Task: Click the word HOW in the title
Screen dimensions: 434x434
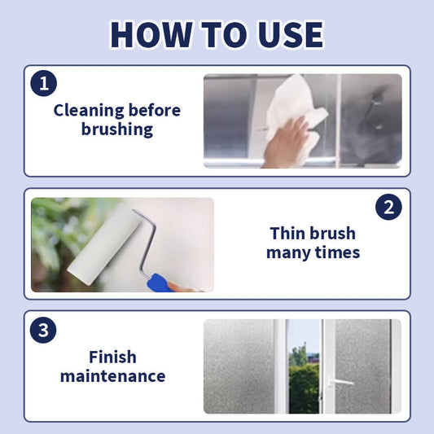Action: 151,34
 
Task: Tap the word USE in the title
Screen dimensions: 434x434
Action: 291,34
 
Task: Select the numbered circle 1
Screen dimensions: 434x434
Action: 44,83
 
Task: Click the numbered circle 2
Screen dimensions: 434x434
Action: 388,207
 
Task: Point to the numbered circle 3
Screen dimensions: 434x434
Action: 43,330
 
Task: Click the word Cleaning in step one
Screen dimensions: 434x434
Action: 89,112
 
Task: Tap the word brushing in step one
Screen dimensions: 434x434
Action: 117,129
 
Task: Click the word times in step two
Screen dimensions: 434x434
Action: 337,252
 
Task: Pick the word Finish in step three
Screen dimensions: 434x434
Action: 112,357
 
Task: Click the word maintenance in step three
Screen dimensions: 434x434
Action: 113,376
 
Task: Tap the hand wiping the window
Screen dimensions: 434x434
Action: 286,143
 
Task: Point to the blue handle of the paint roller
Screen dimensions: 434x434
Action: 160,283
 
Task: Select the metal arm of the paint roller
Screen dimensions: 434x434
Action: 146,241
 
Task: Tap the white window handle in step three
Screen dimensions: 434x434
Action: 340,382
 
